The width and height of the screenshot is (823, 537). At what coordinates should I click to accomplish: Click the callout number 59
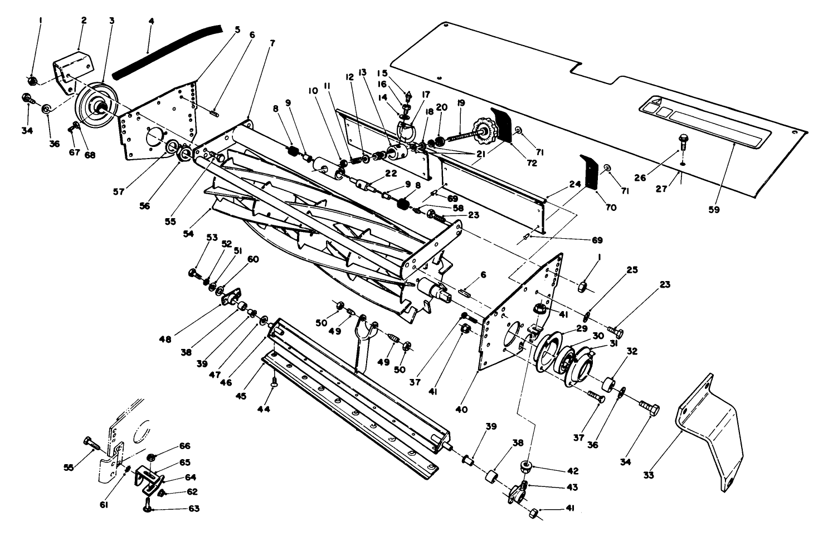click(714, 210)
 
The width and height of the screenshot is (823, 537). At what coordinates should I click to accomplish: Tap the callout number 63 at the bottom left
click(178, 509)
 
